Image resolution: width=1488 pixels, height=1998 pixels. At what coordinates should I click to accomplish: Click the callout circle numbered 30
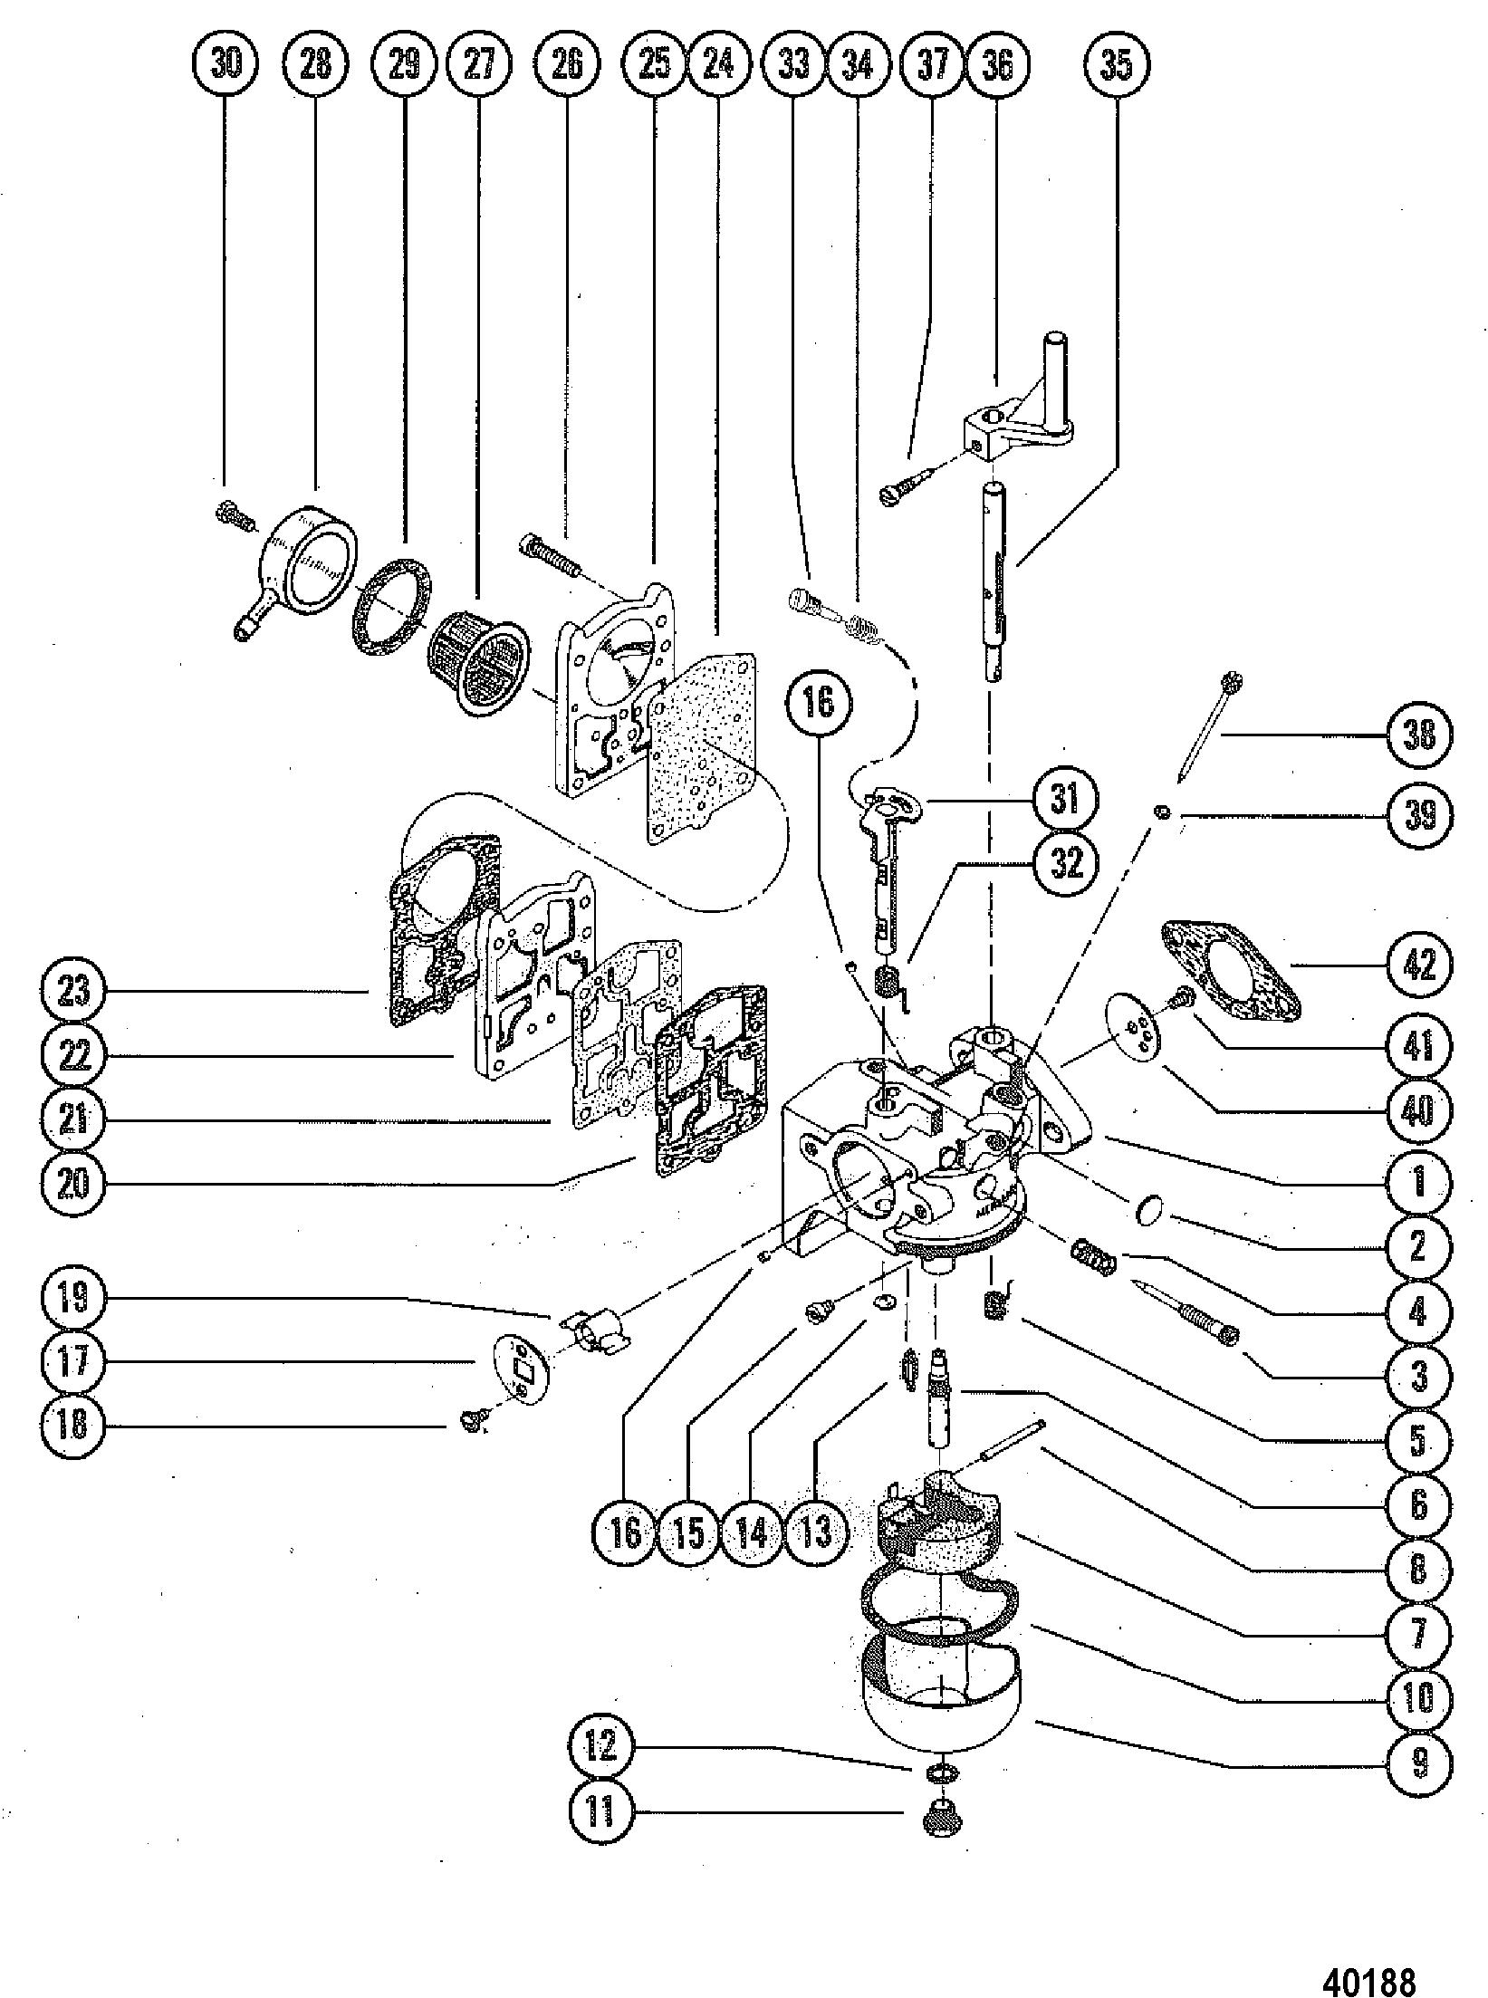click(226, 64)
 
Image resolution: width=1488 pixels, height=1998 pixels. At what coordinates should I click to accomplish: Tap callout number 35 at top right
click(1117, 64)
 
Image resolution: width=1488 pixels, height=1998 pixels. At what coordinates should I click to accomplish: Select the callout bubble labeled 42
click(1419, 965)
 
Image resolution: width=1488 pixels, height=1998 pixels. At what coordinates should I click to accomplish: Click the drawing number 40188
click(1370, 1974)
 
